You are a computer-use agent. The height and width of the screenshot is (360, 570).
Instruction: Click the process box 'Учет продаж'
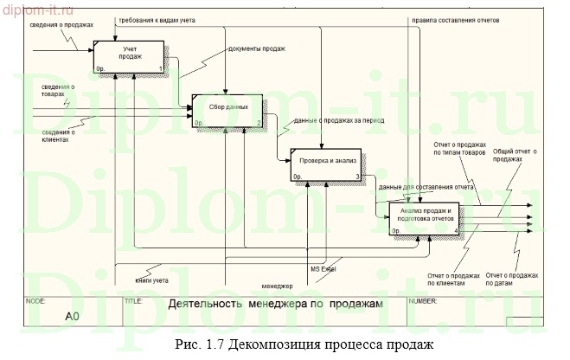pyautogui.click(x=130, y=56)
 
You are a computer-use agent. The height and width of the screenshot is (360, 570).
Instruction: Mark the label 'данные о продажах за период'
pyautogui.click(x=338, y=121)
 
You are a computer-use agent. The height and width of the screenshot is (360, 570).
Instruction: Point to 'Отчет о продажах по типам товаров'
pyautogui.click(x=459, y=148)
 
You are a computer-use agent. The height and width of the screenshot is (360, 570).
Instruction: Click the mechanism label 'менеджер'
pyautogui.click(x=277, y=286)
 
